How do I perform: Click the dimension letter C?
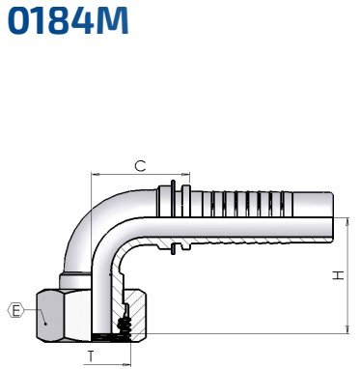coord(139,166)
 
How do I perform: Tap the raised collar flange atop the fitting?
coord(173,184)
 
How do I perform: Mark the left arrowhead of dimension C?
coord(95,177)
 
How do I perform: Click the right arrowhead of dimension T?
coord(126,364)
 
